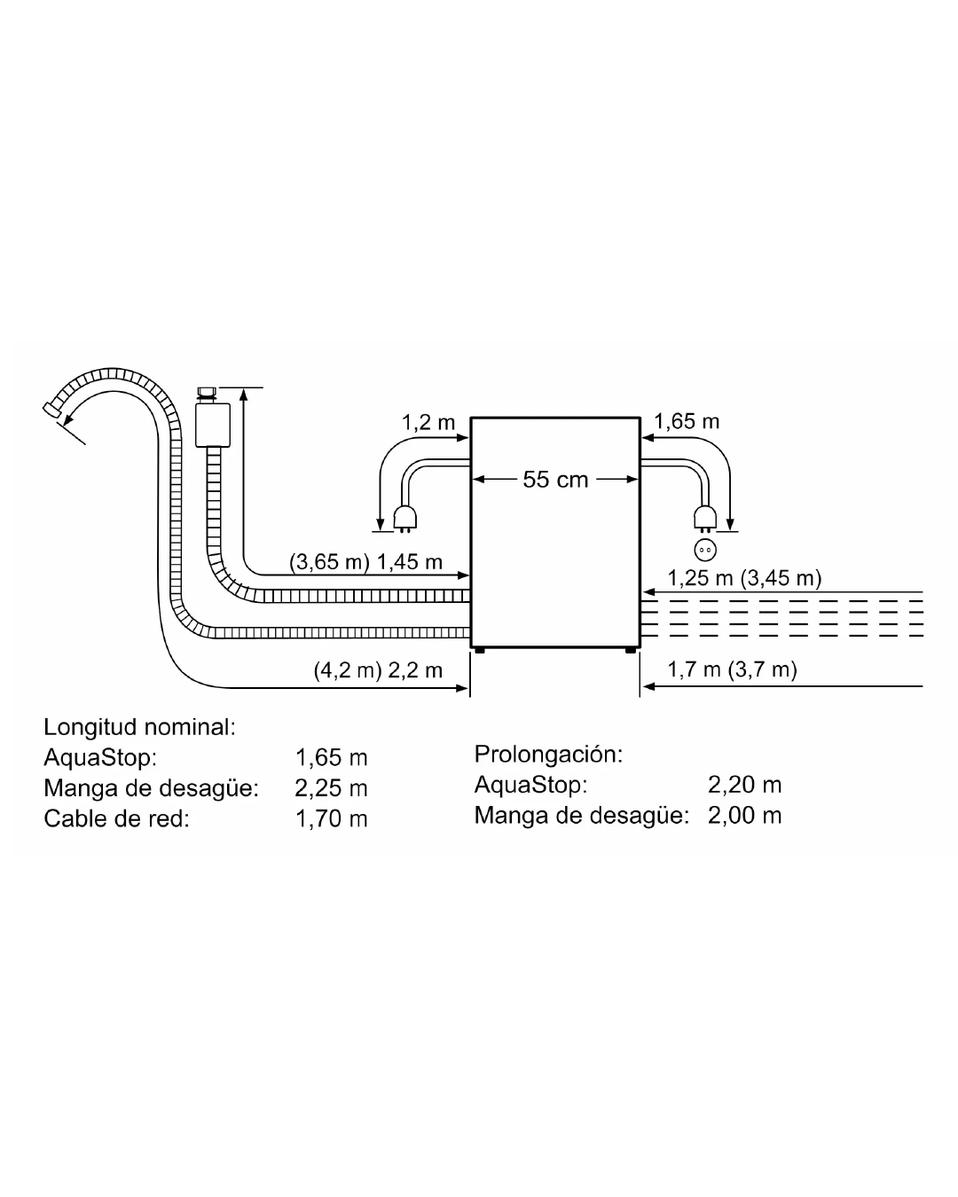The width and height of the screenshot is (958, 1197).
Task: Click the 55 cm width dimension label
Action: pyautogui.click(x=555, y=480)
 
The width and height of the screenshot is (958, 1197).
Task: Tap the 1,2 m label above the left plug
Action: pyautogui.click(x=428, y=422)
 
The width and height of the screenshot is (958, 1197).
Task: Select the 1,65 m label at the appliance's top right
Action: pyautogui.click(x=687, y=422)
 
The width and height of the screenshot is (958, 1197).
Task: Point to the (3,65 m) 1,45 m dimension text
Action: pyautogui.click(x=365, y=562)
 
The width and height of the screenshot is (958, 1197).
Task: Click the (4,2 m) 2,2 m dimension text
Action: pyautogui.click(x=378, y=670)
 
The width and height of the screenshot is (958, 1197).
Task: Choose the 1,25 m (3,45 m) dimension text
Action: pyautogui.click(x=744, y=579)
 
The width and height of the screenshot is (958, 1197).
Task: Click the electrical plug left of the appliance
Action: pyautogui.click(x=400, y=517)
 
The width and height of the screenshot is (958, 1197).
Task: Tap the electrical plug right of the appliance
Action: pyautogui.click(x=704, y=517)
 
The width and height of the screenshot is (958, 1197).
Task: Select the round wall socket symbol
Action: pyautogui.click(x=705, y=550)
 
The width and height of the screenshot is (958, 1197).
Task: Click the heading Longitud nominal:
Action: pyautogui.click(x=139, y=728)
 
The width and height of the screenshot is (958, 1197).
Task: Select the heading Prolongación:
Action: pyautogui.click(x=548, y=755)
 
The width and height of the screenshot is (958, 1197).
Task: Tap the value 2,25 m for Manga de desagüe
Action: pyautogui.click(x=331, y=788)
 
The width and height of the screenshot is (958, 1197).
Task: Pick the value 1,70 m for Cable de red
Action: pyautogui.click(x=331, y=818)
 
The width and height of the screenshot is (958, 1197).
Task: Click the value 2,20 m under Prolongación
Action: pyautogui.click(x=744, y=786)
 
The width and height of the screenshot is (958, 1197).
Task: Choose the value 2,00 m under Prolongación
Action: pyautogui.click(x=744, y=816)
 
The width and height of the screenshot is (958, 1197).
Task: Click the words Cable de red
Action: pyautogui.click(x=116, y=818)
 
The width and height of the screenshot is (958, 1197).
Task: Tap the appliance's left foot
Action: pyautogui.click(x=480, y=650)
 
